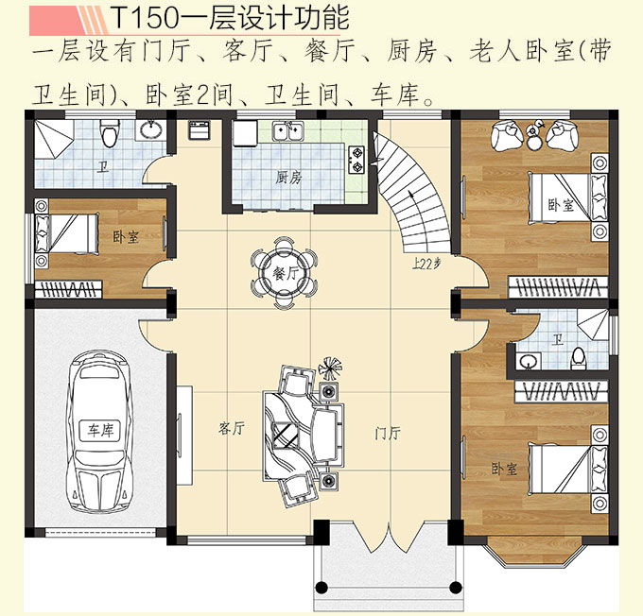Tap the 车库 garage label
(x=101, y=430)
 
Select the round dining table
(x=282, y=271)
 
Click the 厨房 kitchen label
(x=288, y=177)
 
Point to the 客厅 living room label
(x=232, y=429)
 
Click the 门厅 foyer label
(x=388, y=434)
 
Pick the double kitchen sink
(x=287, y=131)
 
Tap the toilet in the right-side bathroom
(x=580, y=356)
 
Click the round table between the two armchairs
(x=534, y=139)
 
